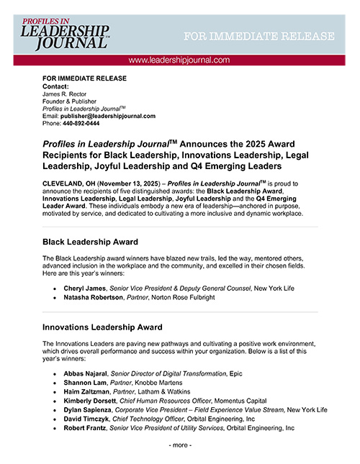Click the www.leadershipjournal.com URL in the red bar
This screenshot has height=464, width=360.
tap(179, 60)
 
